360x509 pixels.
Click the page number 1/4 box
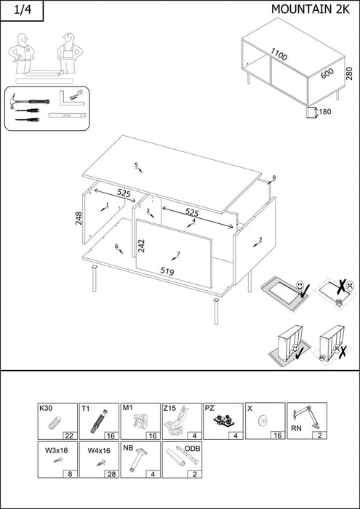(22, 10)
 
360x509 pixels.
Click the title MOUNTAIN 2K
(311, 9)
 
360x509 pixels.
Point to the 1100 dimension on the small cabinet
(279, 55)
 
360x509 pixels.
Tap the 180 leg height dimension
(325, 112)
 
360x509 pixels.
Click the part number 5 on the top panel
(136, 165)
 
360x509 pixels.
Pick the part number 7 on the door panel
(178, 254)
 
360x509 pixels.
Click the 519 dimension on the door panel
(167, 271)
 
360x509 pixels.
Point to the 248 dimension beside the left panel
(79, 218)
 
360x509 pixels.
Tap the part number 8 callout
(274, 177)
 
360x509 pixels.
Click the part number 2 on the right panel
(260, 239)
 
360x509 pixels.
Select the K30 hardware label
(45, 409)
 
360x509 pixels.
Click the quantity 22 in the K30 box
(70, 436)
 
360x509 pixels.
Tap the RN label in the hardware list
(296, 428)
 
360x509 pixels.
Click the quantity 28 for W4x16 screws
(111, 474)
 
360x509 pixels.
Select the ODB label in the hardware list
(192, 449)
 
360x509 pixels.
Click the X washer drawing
(263, 421)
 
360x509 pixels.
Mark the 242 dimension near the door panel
(141, 246)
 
